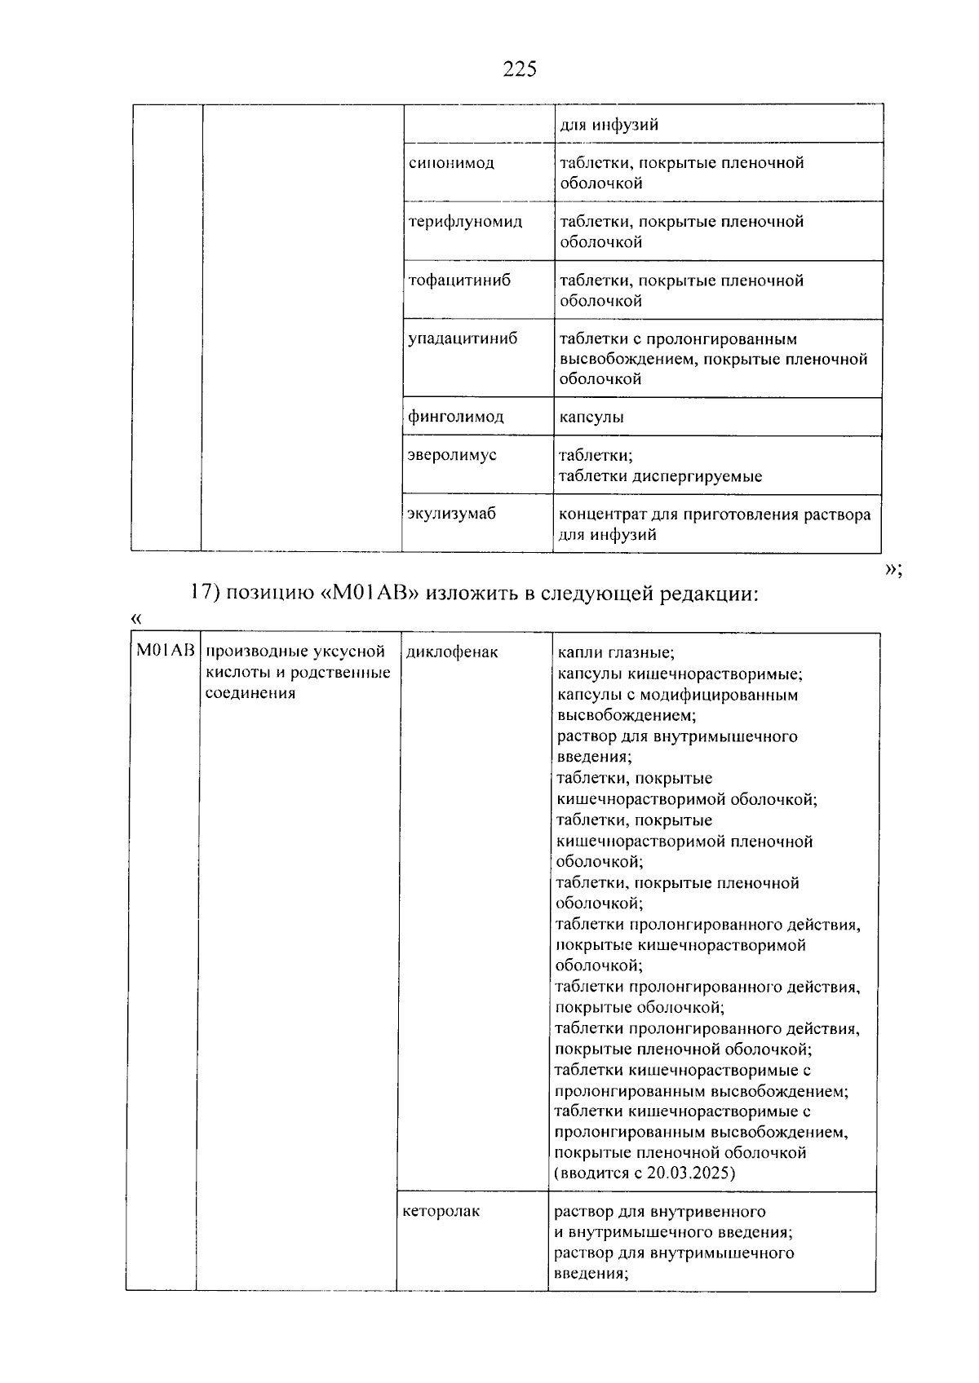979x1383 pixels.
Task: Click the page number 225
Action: point(520,69)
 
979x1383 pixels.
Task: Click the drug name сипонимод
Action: point(450,163)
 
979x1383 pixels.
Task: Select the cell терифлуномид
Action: point(465,222)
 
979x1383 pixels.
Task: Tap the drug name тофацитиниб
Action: point(459,281)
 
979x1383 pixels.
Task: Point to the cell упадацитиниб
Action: point(462,339)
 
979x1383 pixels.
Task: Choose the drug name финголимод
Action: point(455,418)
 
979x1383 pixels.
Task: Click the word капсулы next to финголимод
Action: point(591,418)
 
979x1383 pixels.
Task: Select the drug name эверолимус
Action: point(451,455)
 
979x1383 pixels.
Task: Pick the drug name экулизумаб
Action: point(451,514)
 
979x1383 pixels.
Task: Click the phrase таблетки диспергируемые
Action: point(659,476)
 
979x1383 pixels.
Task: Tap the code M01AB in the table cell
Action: point(165,651)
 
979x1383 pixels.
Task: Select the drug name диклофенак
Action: point(451,652)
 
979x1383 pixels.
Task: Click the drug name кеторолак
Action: point(441,1212)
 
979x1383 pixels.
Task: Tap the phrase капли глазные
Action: point(615,653)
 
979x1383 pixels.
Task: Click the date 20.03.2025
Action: point(690,1174)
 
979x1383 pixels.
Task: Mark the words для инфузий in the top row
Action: point(609,126)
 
